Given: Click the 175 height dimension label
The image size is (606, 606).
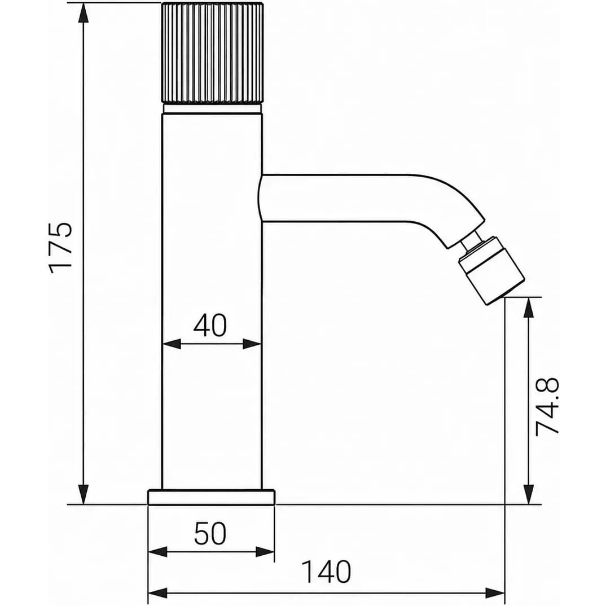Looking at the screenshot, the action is (x=61, y=248).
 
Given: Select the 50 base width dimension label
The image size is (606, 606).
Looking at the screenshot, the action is (x=210, y=534).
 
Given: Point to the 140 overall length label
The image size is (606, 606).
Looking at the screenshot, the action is (x=326, y=572).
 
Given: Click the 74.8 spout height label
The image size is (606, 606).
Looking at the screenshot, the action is (x=547, y=406).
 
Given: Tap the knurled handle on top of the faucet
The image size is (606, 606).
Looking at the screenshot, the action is (x=213, y=52).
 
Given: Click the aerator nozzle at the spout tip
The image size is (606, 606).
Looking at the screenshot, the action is (x=491, y=270).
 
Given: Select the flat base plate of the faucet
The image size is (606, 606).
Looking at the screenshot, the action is (x=212, y=497).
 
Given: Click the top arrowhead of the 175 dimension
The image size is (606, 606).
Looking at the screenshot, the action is (x=83, y=12).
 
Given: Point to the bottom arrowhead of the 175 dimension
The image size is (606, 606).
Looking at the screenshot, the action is (x=83, y=495).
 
